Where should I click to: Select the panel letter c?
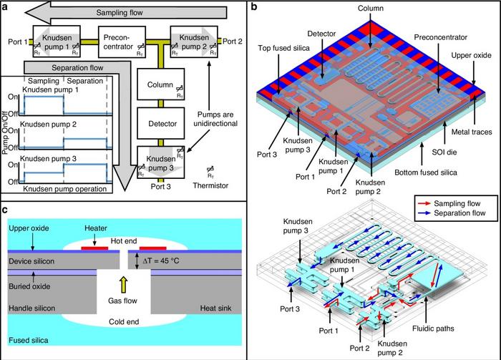click(x=5, y=210)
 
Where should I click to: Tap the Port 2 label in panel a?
click(x=232, y=42)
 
